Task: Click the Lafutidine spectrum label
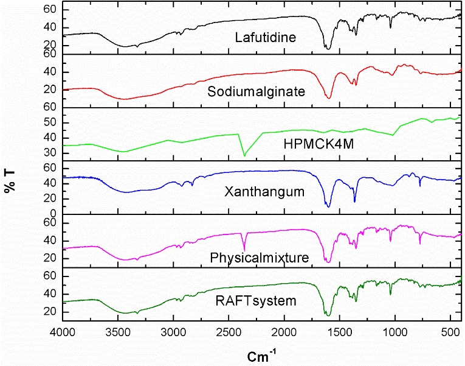(265, 38)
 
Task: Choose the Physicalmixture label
(259, 258)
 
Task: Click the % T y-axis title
(10, 181)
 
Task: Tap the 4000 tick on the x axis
(63, 333)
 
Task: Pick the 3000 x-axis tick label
(174, 333)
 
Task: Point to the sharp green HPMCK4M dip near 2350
(244, 155)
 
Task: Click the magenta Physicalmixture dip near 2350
(244, 250)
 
